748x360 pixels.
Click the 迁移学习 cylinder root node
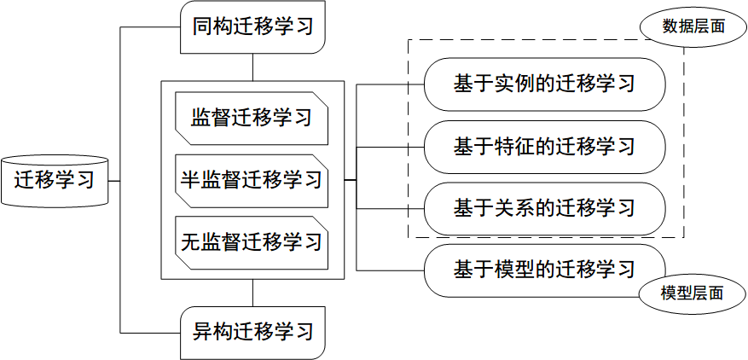pyautogui.click(x=55, y=181)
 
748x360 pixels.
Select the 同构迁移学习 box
pyautogui.click(x=252, y=26)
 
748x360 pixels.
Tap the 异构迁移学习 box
pyautogui.click(x=252, y=331)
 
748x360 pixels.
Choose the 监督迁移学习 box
pyautogui.click(x=251, y=117)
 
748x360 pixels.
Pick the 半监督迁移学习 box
pyautogui.click(x=251, y=180)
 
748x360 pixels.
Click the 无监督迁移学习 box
pyautogui.click(x=251, y=241)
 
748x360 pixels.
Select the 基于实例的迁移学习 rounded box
pyautogui.click(x=544, y=84)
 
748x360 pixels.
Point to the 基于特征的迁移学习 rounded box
pyautogui.click(x=544, y=146)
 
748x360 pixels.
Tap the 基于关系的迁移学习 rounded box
pyautogui.click(x=544, y=208)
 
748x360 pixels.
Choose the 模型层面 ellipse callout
pyautogui.click(x=692, y=293)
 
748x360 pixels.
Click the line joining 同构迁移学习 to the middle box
pyautogui.click(x=252, y=67)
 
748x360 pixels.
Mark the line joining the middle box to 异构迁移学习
pyautogui.click(x=252, y=293)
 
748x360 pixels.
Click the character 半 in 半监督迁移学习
pyautogui.click(x=190, y=180)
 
